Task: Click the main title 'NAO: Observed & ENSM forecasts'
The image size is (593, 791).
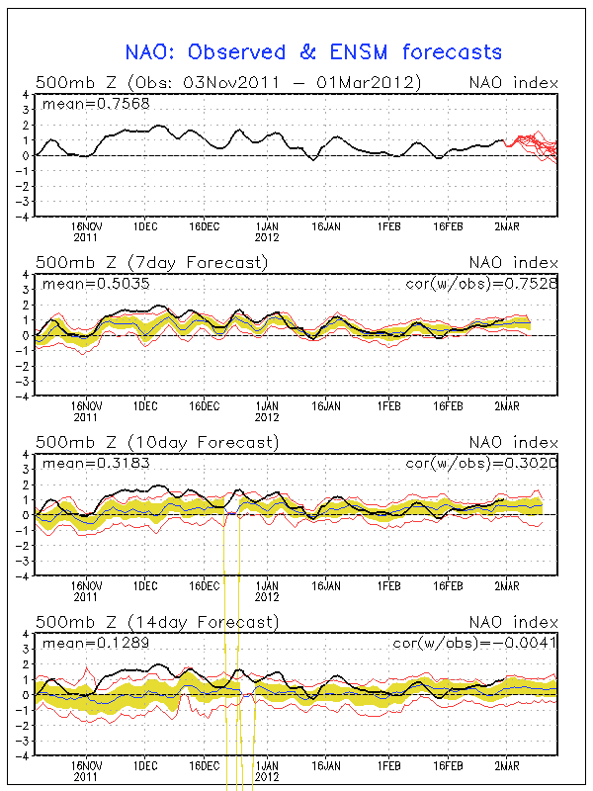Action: point(313,52)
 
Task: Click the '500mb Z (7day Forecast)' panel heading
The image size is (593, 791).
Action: point(151,263)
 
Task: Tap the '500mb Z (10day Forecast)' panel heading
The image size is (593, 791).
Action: point(156,442)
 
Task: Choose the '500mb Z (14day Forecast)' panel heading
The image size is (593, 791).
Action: point(156,622)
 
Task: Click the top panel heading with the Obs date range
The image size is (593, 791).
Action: point(229,82)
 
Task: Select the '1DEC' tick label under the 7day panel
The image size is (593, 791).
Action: point(146,405)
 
